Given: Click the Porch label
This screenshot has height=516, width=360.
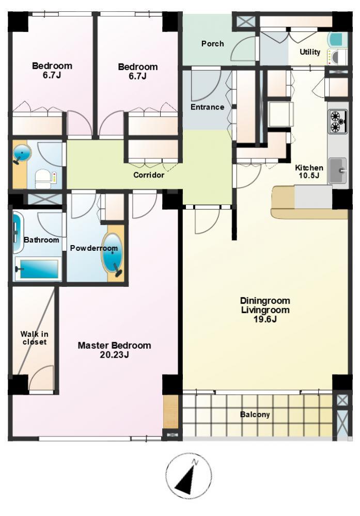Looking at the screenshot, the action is coord(212,43).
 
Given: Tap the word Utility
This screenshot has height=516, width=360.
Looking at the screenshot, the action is coord(309,52).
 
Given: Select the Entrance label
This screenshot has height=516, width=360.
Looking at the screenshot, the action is coord(207,107).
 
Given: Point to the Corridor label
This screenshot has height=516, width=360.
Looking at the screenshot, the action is coord(149,175).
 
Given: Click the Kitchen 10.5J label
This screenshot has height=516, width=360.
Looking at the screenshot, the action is coord(309,171).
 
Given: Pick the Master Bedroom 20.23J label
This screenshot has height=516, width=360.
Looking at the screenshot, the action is coord(114,350).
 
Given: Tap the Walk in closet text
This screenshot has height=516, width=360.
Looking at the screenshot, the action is coord(34,338).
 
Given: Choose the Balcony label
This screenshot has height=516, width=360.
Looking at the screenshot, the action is coord(255,415).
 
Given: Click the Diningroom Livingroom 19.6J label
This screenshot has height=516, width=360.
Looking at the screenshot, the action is coord(265,310).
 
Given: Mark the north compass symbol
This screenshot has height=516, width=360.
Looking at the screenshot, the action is coord(188,476).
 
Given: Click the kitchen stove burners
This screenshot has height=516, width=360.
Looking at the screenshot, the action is coord(338,122).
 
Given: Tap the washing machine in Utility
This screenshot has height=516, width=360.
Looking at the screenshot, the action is coord(337,57).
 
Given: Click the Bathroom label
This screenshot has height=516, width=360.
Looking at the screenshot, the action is coord(41,240).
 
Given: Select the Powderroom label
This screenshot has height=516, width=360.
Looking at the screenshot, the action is coord(94,248).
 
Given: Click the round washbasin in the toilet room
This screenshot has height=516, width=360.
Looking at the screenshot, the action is coord(22,153).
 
